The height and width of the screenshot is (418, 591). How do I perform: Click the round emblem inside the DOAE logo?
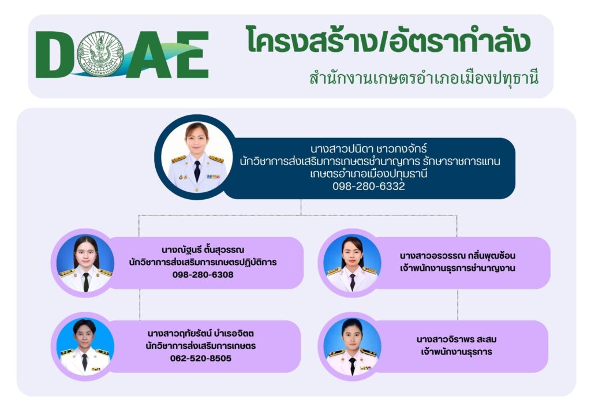click(x=100, y=54)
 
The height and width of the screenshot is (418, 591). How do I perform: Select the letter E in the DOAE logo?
click(x=192, y=55)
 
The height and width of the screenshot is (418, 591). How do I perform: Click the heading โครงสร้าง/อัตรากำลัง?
click(x=388, y=40)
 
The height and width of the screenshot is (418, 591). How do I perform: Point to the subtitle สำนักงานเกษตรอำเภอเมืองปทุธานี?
click(x=424, y=78)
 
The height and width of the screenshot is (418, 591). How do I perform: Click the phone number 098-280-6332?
click(x=369, y=186)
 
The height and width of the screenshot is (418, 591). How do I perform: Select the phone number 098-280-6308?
click(x=203, y=274)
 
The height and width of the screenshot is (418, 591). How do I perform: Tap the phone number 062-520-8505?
click(x=200, y=358)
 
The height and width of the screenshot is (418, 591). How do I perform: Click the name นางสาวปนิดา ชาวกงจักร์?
click(x=369, y=148)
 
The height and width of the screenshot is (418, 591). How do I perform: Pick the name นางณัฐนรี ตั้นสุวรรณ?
click(x=203, y=249)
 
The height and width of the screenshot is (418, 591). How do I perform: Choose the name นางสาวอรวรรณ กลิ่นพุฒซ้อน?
click(x=457, y=256)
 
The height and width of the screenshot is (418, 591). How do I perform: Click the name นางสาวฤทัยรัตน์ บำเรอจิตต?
click(x=200, y=334)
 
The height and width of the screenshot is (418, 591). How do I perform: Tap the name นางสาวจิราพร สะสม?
click(x=457, y=339)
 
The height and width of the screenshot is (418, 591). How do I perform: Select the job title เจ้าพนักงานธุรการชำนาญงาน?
click(x=457, y=268)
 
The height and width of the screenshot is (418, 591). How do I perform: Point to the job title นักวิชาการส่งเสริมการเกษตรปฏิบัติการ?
click(x=203, y=262)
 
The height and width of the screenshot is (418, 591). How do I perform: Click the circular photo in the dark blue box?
click(x=197, y=157)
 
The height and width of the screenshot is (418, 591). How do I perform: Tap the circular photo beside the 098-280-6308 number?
click(x=85, y=263)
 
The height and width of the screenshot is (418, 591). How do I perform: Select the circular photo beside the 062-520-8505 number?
click(x=85, y=347)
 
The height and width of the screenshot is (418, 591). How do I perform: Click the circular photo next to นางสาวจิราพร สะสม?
click(x=352, y=347)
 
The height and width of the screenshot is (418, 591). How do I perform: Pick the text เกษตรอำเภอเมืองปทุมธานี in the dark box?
click(x=369, y=174)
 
